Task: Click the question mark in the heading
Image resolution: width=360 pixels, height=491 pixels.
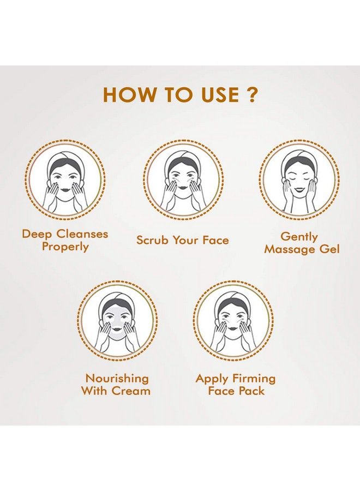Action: coord(250,95)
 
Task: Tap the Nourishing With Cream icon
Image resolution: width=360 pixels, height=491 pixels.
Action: coord(116,324)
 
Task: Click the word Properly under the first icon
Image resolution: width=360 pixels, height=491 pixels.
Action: coord(65,247)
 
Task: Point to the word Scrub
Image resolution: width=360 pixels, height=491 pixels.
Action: coord(153,240)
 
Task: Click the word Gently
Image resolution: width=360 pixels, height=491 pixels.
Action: coord(299,237)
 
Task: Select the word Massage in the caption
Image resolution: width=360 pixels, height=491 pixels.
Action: coord(290,249)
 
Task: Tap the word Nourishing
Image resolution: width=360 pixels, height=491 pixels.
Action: coord(116,378)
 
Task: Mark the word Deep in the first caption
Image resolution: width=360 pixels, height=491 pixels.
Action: coord(35,234)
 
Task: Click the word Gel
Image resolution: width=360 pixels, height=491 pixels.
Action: coord(329,249)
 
